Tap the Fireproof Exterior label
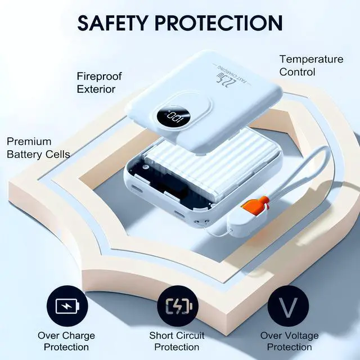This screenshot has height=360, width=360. coord(99,83)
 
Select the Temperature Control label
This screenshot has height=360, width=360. coord(311,66)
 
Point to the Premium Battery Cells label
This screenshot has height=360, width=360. coord(38,148)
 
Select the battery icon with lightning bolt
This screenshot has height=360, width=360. coord(67,306)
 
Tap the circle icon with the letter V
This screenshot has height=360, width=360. coord(288,306)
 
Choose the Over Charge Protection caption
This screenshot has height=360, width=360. coord(66,341)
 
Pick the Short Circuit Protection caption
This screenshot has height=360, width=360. coord(177,341)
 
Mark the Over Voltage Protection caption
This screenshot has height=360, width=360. coord(289,341)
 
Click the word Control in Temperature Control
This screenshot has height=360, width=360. coord(297,72)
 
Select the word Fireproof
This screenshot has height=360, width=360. coord(99,76)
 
